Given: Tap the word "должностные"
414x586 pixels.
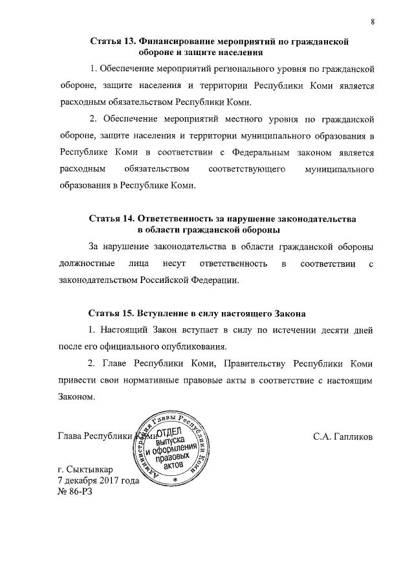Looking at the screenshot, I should (87, 264).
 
